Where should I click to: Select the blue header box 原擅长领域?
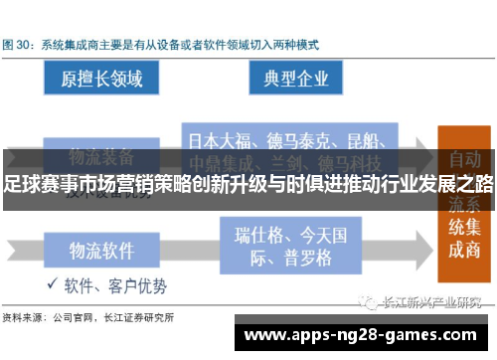[101, 79]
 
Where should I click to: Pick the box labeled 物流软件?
[101, 250]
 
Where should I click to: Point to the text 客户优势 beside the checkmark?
[140, 286]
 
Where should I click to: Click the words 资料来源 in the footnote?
[21, 318]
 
